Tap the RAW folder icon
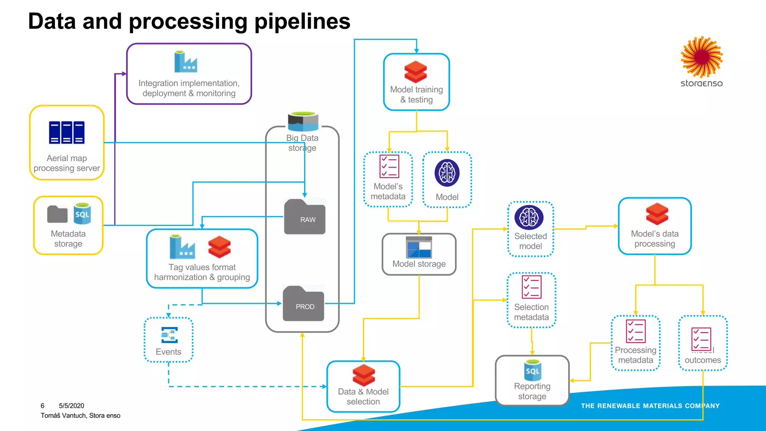coord(305,217)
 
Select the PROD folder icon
coord(303,303)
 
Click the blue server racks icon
coord(67,132)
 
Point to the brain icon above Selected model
coord(529,217)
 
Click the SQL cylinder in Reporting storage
coord(533,370)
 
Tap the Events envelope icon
coord(169,335)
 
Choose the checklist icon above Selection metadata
coord(531,287)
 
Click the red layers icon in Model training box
coord(416,72)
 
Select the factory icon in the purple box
coord(186,62)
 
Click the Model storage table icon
coord(419,247)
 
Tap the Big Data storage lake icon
coord(303,122)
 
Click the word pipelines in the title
coord(302,21)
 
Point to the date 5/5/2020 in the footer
coord(71,406)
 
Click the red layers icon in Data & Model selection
coord(363,375)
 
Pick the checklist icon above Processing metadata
coord(635,331)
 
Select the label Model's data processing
coord(655,239)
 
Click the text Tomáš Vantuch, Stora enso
coord(80,415)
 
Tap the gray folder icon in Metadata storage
coord(57,214)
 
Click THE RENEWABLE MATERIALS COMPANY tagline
coord(650,406)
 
